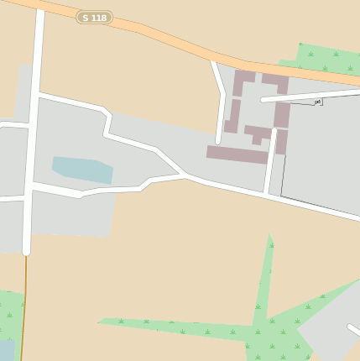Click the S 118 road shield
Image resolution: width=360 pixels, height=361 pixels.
point(94,17)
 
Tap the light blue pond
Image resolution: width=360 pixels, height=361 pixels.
point(82,168)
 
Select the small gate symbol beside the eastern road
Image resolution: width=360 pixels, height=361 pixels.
point(317,102)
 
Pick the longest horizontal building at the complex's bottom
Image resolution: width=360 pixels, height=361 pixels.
point(237,154)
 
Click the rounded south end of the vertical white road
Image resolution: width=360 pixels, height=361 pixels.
point(26,250)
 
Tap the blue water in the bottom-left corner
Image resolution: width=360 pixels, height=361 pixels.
point(5,349)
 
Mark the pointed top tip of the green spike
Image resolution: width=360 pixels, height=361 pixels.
point(270,236)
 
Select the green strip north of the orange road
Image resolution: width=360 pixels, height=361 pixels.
point(323,58)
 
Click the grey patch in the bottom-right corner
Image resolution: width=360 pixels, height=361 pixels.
point(331,332)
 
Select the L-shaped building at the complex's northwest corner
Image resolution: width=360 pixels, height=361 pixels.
point(243,81)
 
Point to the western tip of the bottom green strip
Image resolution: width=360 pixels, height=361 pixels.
point(100,321)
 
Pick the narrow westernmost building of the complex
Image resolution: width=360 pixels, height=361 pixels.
point(232,116)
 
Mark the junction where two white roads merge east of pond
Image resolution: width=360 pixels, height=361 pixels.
point(185,176)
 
